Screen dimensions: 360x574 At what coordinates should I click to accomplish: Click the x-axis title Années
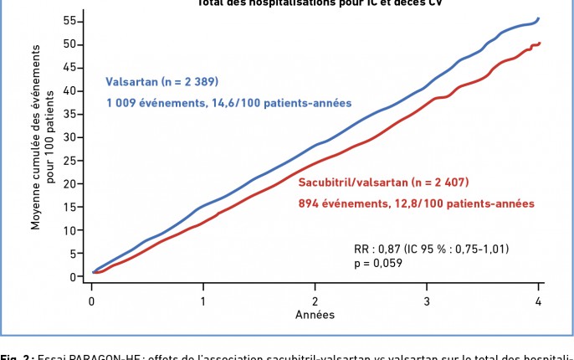(x=315, y=315)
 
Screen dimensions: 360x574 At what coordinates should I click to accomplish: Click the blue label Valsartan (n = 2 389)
(x=161, y=82)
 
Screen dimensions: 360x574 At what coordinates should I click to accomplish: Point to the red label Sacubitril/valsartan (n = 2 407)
(x=383, y=182)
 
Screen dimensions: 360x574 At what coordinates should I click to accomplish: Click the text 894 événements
(x=342, y=203)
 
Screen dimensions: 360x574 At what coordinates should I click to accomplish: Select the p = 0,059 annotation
(x=379, y=263)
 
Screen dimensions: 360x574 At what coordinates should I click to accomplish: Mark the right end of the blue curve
(x=539, y=18)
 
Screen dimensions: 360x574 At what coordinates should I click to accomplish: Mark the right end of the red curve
(x=541, y=43)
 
